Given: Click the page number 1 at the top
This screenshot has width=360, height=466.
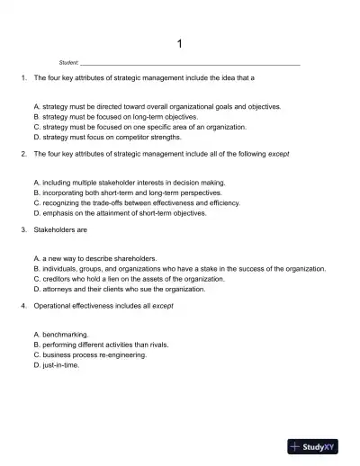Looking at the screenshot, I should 180,44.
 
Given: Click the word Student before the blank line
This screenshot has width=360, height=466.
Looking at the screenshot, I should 67,64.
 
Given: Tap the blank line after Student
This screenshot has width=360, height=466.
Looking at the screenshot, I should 189,65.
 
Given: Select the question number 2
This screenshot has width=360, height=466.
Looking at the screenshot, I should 22,155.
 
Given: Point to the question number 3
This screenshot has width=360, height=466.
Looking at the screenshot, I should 22,230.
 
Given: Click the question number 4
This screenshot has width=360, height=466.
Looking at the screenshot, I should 22,307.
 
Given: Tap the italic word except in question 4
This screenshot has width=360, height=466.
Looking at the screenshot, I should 163,307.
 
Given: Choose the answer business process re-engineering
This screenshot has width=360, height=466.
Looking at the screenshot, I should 89,355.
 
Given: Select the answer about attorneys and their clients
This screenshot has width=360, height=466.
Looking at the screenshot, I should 119,290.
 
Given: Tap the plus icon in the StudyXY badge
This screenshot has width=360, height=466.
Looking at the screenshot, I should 296,446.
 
